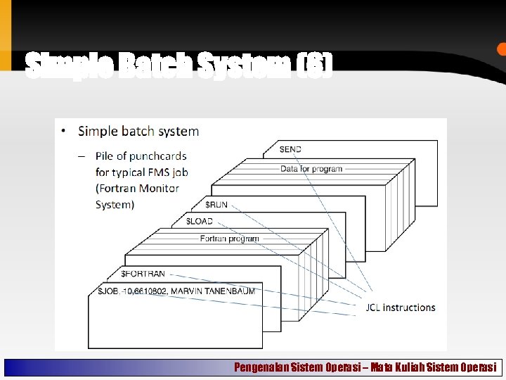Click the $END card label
point(290,149)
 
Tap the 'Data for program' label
point(311,169)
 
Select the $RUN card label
point(216,204)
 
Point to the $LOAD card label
point(199,221)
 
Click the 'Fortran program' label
point(229,239)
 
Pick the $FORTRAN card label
point(143,274)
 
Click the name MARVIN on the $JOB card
point(186,291)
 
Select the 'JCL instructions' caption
point(401,308)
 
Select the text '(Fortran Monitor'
point(137,188)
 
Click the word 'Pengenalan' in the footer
point(261,367)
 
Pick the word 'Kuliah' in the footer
point(412,367)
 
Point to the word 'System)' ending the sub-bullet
point(115,205)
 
